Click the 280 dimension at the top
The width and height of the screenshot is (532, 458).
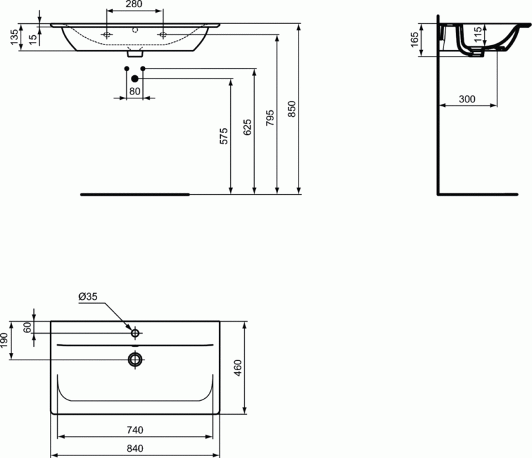coord(134,6)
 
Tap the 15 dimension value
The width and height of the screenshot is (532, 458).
coord(33,37)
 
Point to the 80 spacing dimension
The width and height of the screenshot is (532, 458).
coord(134,90)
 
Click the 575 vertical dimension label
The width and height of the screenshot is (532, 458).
coord(224,136)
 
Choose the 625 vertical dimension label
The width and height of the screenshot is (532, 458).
coord(247,127)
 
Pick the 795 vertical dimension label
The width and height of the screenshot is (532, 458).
coord(270,118)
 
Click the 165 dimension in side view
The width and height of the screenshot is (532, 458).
coord(414,40)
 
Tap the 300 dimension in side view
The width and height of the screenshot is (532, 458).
coord(467,99)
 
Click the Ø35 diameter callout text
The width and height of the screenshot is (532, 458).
coord(88,297)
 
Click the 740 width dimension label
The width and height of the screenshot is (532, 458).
coord(135,430)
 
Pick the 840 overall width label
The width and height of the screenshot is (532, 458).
coord(135,448)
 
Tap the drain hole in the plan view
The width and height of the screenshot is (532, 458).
coord(135,360)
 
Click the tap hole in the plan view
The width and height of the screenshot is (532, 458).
coord(135,332)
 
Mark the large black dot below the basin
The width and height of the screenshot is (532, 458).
coord(134,78)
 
